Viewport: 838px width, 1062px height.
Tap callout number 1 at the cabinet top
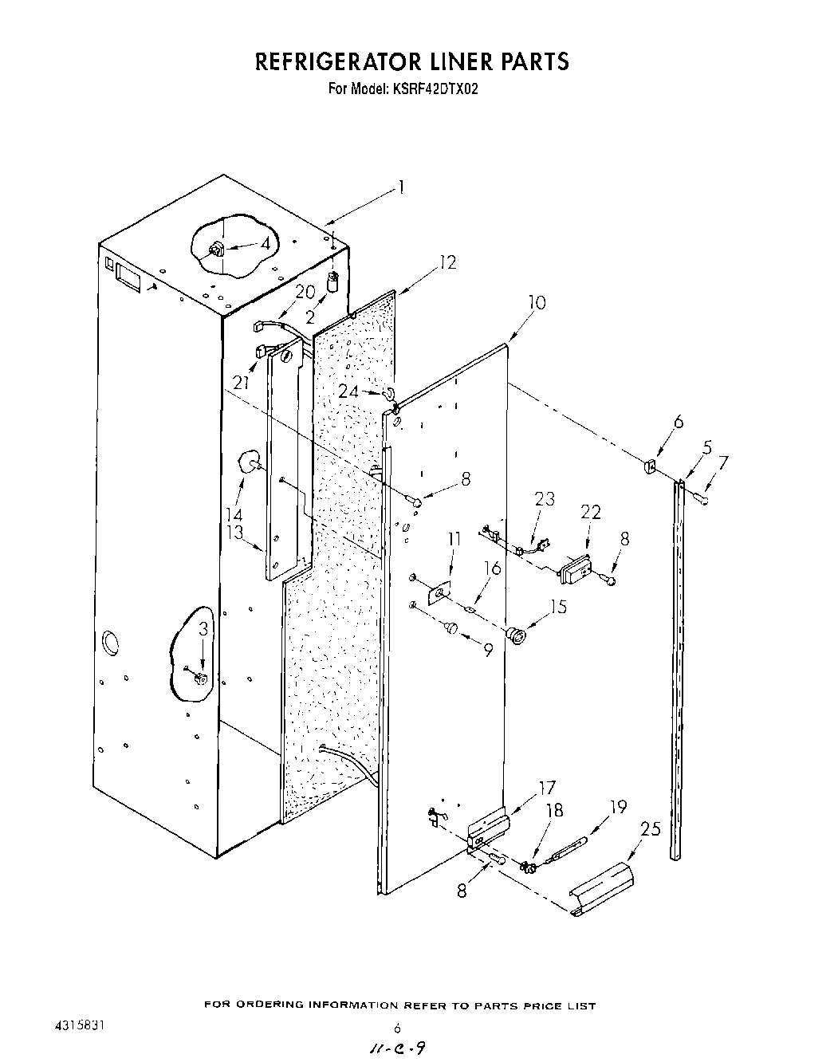point(402,187)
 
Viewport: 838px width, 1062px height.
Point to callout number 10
point(537,303)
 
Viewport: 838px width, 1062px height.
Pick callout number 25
point(651,829)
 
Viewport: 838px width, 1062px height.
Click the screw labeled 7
point(702,499)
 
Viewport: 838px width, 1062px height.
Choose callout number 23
point(544,499)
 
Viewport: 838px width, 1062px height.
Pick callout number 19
point(618,807)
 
